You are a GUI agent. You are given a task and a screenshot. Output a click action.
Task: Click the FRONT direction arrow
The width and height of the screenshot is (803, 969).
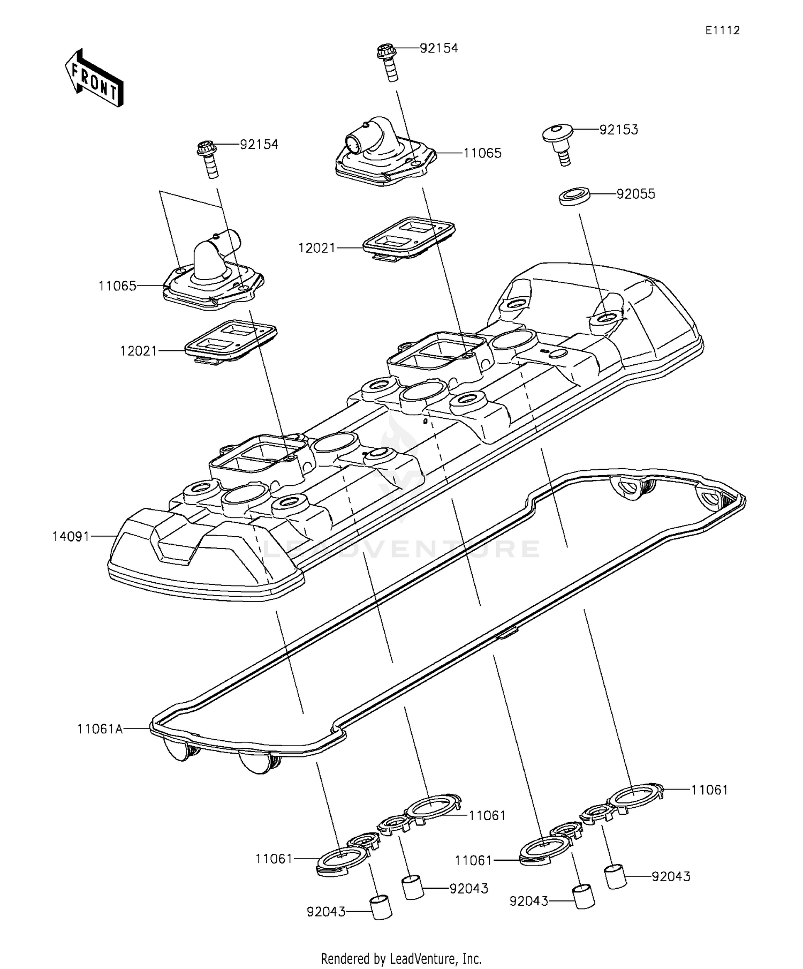click(94, 78)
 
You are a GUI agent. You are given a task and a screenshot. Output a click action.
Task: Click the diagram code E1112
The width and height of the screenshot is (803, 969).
click(722, 31)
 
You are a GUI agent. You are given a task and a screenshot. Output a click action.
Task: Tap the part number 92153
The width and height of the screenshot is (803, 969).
click(618, 130)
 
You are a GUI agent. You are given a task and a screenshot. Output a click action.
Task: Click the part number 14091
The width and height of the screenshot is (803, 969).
click(71, 536)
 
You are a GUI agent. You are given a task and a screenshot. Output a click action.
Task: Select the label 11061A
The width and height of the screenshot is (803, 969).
click(100, 728)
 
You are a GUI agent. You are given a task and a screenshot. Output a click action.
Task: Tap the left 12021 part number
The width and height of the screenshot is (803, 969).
click(139, 351)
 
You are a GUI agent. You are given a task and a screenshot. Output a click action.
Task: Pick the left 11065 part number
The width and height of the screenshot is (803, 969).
click(117, 286)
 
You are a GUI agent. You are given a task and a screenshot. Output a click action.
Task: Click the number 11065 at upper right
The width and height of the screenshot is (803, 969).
click(482, 153)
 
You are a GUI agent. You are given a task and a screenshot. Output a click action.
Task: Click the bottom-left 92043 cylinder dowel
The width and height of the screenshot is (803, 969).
click(381, 907)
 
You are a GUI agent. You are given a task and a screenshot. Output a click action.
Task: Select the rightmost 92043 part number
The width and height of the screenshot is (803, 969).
click(671, 877)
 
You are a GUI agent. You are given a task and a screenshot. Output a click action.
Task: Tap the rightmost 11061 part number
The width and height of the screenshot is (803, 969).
click(709, 790)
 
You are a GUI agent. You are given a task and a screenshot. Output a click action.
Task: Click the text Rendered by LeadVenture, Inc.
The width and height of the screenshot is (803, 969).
click(401, 958)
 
